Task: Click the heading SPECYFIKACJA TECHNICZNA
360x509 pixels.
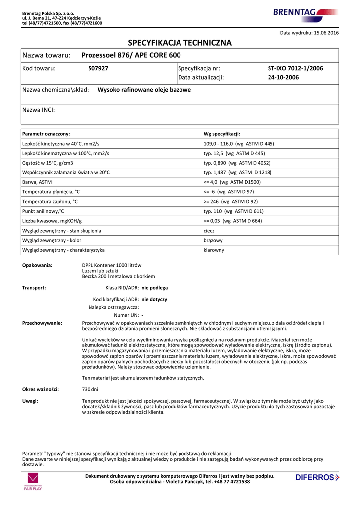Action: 180,43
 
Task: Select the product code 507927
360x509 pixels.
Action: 98,68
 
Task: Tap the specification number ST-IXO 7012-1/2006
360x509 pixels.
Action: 295,68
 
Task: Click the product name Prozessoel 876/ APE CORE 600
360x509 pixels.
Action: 131,55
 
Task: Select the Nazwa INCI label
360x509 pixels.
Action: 39,110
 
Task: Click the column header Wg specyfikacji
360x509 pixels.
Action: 222,134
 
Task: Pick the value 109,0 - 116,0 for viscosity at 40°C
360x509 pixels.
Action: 239,144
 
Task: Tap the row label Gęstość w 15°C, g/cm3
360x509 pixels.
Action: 48,163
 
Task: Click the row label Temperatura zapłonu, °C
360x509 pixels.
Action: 50,202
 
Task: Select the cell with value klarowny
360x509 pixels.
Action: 214,250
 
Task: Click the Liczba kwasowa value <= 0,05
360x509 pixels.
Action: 233,221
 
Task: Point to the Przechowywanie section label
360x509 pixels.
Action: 42,323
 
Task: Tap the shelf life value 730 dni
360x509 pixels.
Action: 90,389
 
